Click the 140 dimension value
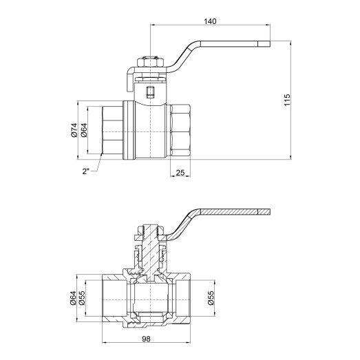pyautogui.click(x=210, y=21)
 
